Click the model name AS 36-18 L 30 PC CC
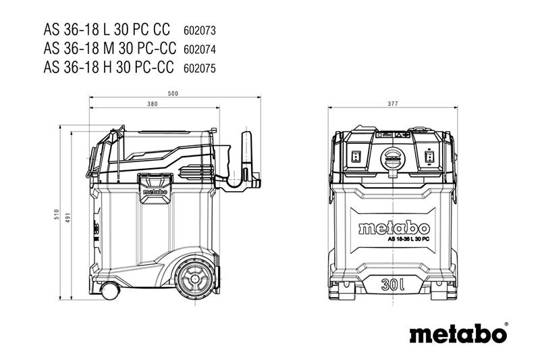[107, 31]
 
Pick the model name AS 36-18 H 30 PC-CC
[107, 68]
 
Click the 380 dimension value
[152, 105]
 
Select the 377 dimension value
[393, 105]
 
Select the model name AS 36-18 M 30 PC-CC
[107, 49]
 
